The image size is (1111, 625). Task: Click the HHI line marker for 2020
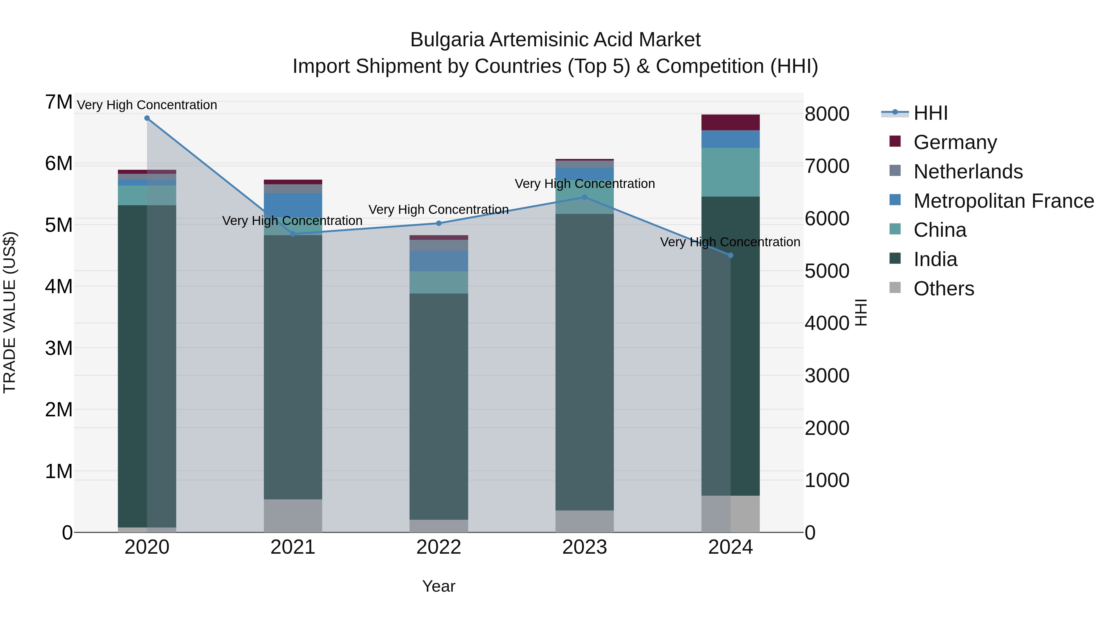(147, 118)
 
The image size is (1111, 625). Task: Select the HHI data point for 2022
(439, 223)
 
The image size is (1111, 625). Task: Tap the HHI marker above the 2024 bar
(730, 255)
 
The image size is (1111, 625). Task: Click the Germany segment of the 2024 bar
(730, 123)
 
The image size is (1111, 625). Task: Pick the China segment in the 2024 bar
(730, 172)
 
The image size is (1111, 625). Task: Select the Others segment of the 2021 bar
(293, 515)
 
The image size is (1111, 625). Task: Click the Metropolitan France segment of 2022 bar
(439, 261)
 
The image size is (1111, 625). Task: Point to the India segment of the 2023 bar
(585, 362)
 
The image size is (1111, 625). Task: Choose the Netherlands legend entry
(968, 172)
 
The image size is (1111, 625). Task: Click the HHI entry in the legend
(930, 113)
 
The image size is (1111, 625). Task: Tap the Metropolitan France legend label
(1004, 201)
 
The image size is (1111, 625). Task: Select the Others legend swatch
(895, 288)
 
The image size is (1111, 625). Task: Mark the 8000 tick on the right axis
(827, 114)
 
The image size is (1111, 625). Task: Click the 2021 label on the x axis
(293, 547)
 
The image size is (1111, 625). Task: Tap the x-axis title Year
(439, 586)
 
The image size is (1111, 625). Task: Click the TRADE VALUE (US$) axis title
(10, 312)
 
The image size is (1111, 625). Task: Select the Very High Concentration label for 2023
(585, 184)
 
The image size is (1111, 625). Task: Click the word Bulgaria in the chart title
(447, 40)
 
